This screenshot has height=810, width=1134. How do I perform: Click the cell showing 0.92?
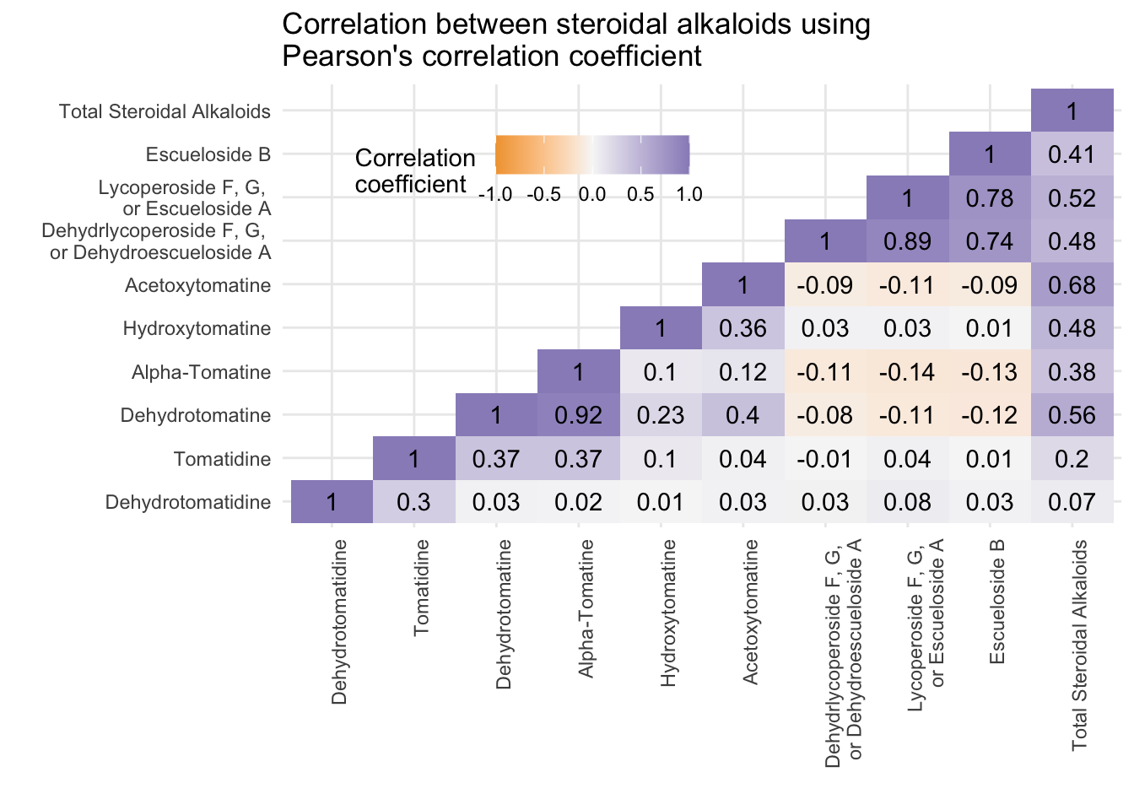(579, 415)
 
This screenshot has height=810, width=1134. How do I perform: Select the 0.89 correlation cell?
(908, 241)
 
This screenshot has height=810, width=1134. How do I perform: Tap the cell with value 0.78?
(990, 197)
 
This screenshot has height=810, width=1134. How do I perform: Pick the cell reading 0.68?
(1072, 284)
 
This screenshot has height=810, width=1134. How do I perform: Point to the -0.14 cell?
(908, 371)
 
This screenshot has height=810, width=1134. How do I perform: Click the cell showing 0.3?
(414, 502)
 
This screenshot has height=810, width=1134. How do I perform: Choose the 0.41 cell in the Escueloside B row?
(1072, 154)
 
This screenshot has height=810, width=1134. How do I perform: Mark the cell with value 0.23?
(661, 415)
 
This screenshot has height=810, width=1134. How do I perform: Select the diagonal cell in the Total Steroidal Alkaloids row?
(1072, 111)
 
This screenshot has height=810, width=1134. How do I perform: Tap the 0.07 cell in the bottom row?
(1072, 502)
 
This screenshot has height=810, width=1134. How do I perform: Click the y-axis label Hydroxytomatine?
(197, 328)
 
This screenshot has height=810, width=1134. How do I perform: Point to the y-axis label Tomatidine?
(222, 459)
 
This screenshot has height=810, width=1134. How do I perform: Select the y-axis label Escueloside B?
(208, 154)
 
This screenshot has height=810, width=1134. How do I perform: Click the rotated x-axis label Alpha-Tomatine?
(586, 608)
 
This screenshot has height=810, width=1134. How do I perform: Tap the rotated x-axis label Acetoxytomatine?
(750, 612)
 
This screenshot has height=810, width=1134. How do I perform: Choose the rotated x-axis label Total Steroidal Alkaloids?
(1079, 645)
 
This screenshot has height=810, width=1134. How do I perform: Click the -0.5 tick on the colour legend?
(543, 194)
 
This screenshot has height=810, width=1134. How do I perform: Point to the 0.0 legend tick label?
(592, 194)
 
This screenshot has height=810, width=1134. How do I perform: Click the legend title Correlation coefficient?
(415, 171)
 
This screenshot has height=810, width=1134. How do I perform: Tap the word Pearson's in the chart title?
(348, 56)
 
